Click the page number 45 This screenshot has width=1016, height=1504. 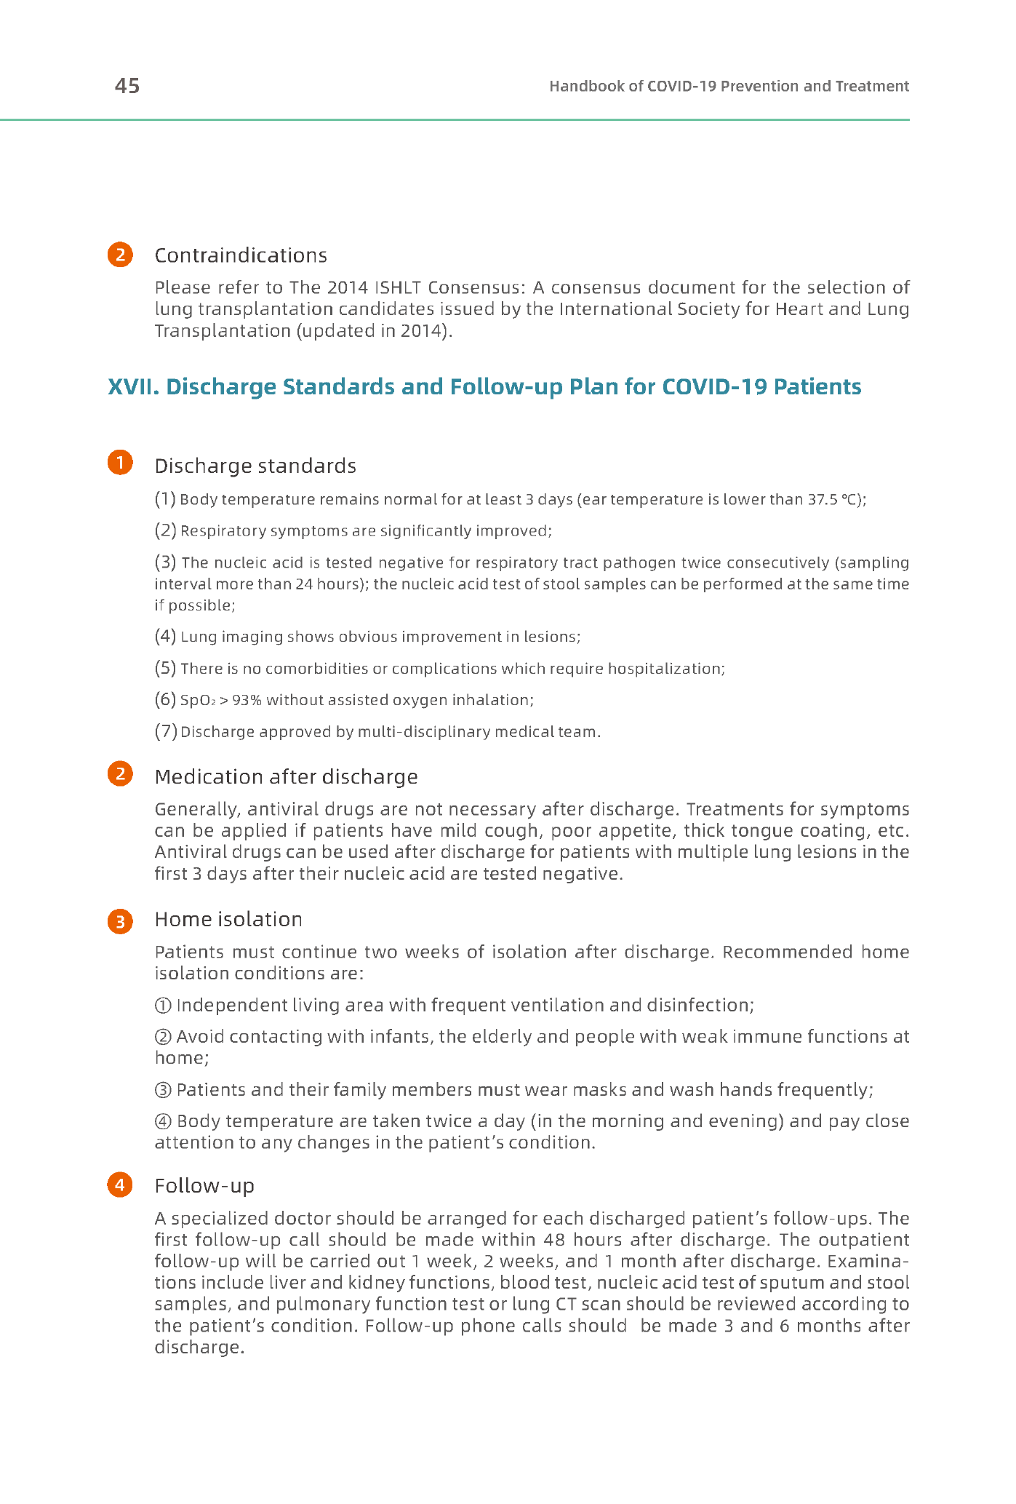127,87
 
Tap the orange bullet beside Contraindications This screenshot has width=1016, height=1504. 120,255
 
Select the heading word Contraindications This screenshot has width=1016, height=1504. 241,255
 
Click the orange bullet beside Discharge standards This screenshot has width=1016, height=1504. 120,463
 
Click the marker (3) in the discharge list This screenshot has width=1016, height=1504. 165,562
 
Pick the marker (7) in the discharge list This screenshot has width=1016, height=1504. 165,732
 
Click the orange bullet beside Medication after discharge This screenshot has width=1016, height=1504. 120,773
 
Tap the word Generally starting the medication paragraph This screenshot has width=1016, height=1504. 197,809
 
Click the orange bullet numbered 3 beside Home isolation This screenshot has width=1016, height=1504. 120,922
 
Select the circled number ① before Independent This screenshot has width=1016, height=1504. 164,1006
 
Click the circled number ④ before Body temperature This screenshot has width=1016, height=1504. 164,1121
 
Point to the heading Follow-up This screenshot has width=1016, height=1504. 204,1186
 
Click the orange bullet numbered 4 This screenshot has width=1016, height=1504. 120,1185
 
